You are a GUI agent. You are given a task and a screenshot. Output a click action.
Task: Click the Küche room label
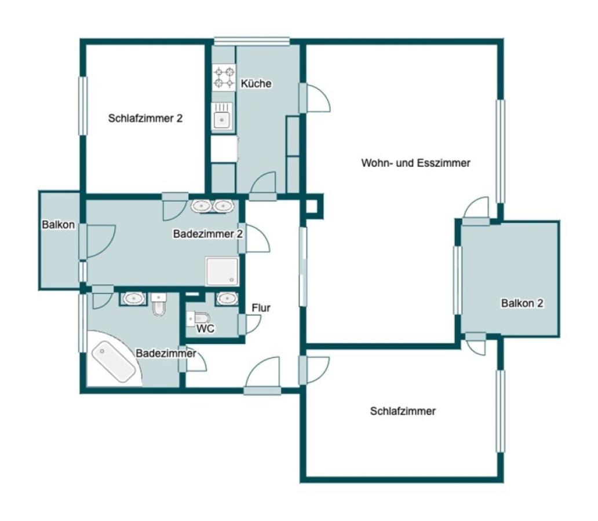256,83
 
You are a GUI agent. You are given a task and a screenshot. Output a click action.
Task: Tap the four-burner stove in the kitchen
224,78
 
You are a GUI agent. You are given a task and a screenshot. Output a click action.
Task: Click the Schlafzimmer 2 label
145,118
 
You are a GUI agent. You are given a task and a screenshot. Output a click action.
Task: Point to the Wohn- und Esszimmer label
415,163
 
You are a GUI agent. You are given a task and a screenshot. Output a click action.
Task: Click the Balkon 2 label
522,303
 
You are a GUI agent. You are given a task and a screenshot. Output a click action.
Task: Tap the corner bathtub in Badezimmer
114,362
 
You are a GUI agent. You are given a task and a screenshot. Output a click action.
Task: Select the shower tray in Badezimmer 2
223,271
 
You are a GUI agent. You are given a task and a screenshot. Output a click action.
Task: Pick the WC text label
206,329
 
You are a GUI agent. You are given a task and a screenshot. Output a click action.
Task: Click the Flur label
261,308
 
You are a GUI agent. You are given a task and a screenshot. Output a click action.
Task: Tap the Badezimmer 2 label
208,234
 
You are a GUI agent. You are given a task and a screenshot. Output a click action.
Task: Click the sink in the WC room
228,299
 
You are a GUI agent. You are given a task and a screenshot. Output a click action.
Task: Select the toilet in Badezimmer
159,304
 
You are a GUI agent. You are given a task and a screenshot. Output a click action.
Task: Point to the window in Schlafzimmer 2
83,105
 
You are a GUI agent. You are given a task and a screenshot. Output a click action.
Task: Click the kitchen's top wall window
251,41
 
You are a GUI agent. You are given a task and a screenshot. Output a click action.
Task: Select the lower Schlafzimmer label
403,411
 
